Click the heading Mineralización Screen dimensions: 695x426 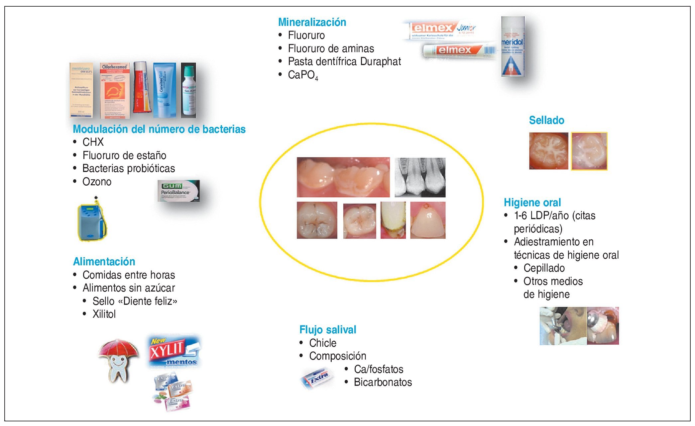[x=312, y=22]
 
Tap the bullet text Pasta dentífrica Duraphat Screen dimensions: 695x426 [x=344, y=61]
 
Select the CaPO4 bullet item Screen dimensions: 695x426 [x=303, y=75]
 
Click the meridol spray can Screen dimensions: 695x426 [x=513, y=46]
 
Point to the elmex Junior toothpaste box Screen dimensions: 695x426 [x=442, y=31]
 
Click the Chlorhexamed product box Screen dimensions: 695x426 [x=115, y=90]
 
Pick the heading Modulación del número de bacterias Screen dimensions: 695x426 [x=159, y=129]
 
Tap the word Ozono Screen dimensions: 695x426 [x=97, y=182]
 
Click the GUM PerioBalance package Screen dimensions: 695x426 [x=178, y=191]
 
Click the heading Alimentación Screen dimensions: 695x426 [x=104, y=262]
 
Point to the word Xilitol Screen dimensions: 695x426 [x=104, y=314]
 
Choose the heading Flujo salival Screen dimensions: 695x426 [x=327, y=330]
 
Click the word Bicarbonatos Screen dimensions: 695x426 [x=383, y=382]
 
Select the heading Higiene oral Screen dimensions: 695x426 [x=532, y=203]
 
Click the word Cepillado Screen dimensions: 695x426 [x=544, y=268]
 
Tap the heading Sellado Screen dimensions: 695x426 [x=546, y=120]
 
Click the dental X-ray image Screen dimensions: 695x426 [x=420, y=177]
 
